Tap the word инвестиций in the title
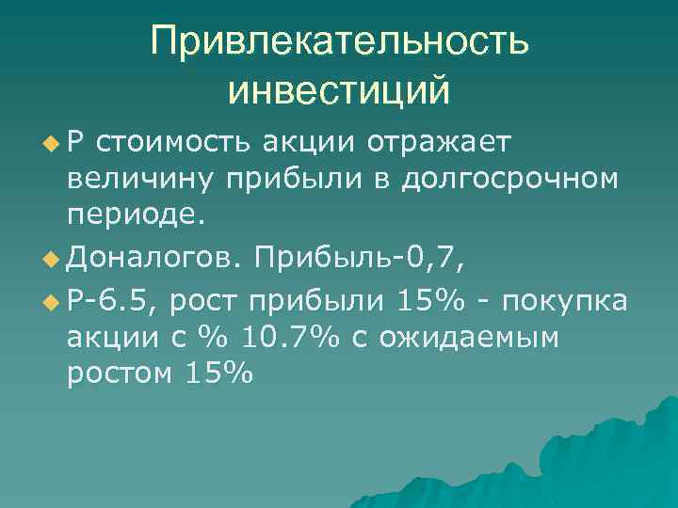click(339, 91)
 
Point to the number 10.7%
click(280, 338)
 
